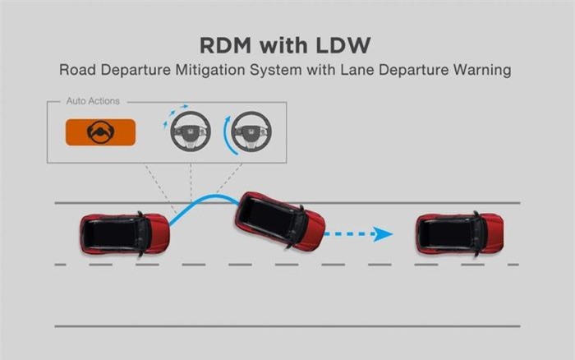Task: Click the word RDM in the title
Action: click(x=226, y=45)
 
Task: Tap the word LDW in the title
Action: click(x=343, y=45)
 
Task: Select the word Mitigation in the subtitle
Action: click(x=210, y=70)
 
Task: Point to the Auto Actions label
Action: click(x=93, y=101)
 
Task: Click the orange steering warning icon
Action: click(x=100, y=132)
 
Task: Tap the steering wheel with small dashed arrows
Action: click(x=191, y=132)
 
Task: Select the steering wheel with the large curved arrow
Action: click(x=251, y=132)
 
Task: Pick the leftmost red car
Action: click(x=125, y=233)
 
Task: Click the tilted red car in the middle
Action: click(x=280, y=221)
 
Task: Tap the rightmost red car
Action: click(x=460, y=233)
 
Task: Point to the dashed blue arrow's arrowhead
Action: click(x=384, y=234)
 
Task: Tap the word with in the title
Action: click(x=283, y=45)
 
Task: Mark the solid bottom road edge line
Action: click(x=287, y=325)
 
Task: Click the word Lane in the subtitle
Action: click(x=357, y=70)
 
